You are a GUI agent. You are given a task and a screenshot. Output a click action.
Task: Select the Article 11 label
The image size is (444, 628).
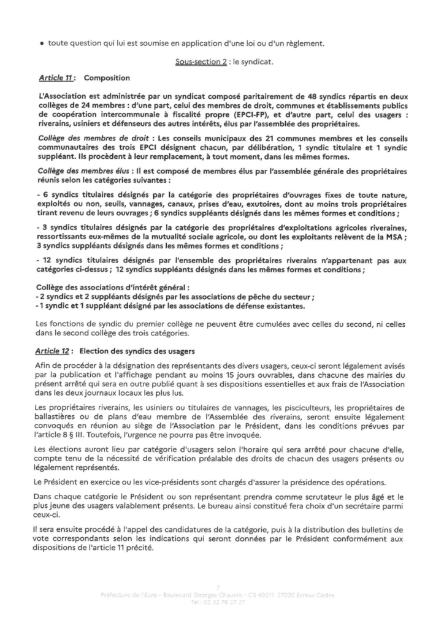coord(55,78)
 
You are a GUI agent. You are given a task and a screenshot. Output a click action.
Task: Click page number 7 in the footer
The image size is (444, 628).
coord(221,586)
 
